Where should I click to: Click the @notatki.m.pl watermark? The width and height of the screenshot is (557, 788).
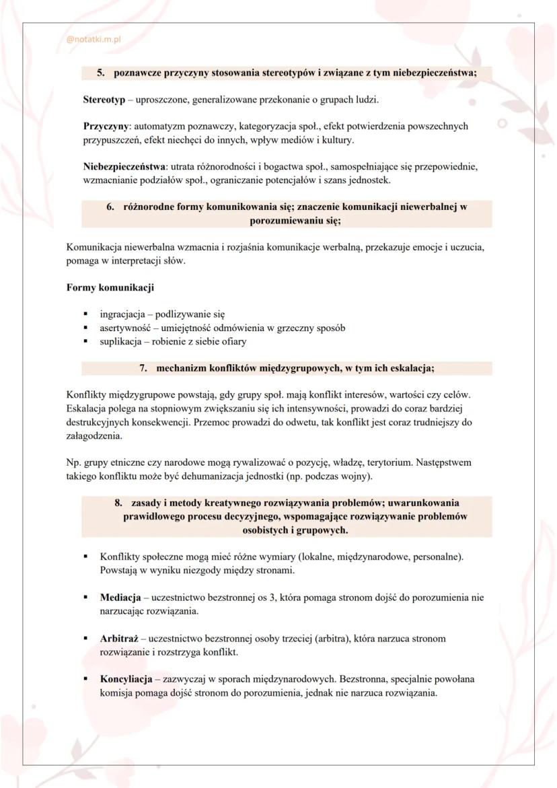pyautogui.click(x=93, y=40)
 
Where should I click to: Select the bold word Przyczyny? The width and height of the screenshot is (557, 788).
pyautogui.click(x=106, y=126)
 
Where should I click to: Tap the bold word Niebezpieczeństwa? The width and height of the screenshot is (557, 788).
pyautogui.click(x=126, y=166)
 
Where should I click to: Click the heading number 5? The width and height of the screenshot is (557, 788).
pyautogui.click(x=101, y=73)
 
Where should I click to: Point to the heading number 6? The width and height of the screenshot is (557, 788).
pyautogui.click(x=110, y=207)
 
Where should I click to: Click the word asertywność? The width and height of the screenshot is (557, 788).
pyautogui.click(x=126, y=328)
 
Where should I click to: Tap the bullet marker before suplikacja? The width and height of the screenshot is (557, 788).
pyautogui.click(x=85, y=341)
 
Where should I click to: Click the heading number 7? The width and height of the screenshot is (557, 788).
pyautogui.click(x=143, y=368)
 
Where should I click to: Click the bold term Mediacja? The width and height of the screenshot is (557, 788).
pyautogui.click(x=120, y=598)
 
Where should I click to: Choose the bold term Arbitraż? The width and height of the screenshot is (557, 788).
pyautogui.click(x=119, y=638)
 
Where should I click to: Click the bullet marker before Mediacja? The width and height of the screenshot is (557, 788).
pyautogui.click(x=85, y=598)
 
